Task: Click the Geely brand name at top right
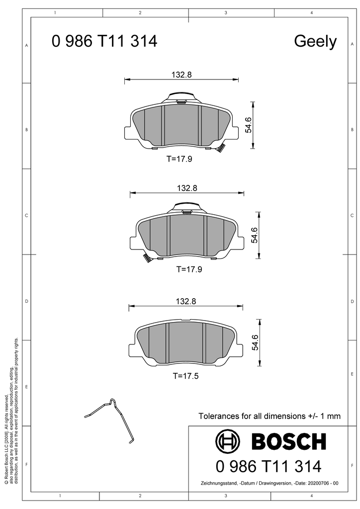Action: coord(315,42)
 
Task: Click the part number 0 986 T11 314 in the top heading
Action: coord(104,42)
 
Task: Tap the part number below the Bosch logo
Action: coord(269,466)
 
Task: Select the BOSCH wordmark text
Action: coord(288,441)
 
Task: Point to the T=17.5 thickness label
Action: coord(185,376)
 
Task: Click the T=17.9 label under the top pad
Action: coord(179,159)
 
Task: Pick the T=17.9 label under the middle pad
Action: coord(189,269)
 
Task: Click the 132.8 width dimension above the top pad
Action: coord(181,75)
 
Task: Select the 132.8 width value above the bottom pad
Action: coord(186,301)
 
